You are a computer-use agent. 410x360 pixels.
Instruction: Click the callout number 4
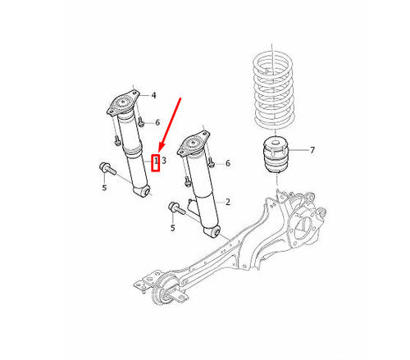pos(153,95)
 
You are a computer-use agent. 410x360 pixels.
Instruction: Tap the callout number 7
pos(312,151)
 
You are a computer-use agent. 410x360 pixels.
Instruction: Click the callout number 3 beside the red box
pos(164,161)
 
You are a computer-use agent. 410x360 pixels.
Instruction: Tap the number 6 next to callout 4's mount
pos(157,122)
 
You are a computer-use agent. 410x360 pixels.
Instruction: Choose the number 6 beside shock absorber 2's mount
pos(227,163)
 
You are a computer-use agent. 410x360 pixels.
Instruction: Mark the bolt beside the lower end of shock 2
pos(175,207)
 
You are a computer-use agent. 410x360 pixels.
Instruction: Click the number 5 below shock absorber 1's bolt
pos(104,188)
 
